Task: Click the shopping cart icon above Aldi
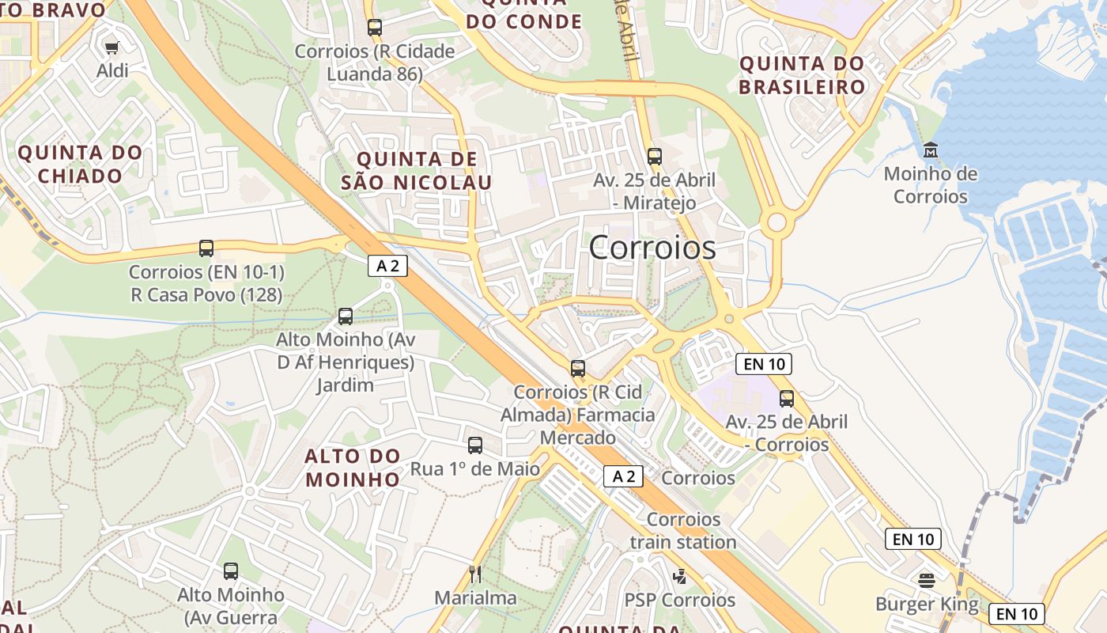coord(111,47)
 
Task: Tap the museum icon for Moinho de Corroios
coord(930,150)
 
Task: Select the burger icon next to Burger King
coord(927,581)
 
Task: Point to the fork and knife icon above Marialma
coord(475,574)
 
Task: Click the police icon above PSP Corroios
coord(679,576)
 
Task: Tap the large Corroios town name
coord(652,248)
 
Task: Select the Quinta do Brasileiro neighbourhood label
coord(802,75)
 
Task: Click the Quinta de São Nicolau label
coord(417,171)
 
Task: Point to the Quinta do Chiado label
coord(80,164)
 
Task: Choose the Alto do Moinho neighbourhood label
coord(353,468)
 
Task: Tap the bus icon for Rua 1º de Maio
coord(475,445)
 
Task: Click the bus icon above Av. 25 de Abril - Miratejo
coord(654,156)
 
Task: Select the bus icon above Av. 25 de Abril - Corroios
coord(786,398)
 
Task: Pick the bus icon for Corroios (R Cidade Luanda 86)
coord(375,28)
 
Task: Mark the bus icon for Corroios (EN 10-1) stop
coord(206,248)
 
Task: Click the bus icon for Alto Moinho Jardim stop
coord(346,316)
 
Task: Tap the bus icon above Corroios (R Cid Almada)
coord(578,368)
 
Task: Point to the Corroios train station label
coord(683,531)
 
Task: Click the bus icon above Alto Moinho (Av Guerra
coord(231,570)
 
